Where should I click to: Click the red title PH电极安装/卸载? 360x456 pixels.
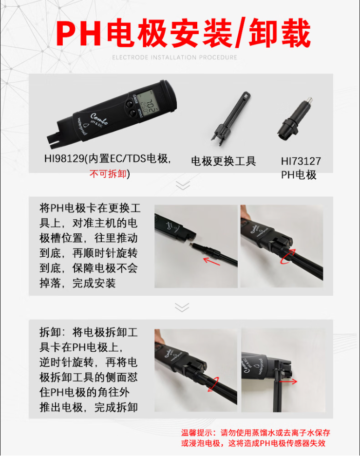pyautogui.click(x=183, y=33)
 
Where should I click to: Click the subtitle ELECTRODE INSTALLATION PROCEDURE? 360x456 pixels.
pyautogui.click(x=174, y=57)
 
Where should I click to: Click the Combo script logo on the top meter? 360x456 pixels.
pyautogui.click(x=99, y=119)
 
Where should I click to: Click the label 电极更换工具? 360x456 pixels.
pyautogui.click(x=223, y=161)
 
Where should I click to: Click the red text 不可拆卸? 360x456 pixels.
pyautogui.click(x=108, y=174)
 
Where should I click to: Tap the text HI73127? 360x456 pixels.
pyautogui.click(x=301, y=161)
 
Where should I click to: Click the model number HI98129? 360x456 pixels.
pyautogui.click(x=64, y=158)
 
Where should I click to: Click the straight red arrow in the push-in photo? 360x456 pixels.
pyautogui.click(x=211, y=261)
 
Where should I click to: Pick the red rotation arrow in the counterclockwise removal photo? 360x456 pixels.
pyautogui.click(x=213, y=384)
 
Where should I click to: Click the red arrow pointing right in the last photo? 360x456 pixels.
pyautogui.click(x=288, y=381)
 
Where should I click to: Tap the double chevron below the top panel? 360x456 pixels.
pyautogui.click(x=183, y=185)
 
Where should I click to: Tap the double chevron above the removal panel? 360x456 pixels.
pyautogui.click(x=182, y=307)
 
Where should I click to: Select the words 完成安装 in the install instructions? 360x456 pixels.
pyautogui.click(x=94, y=283)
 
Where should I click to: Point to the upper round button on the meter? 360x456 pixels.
pyautogui.click(x=129, y=104)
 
